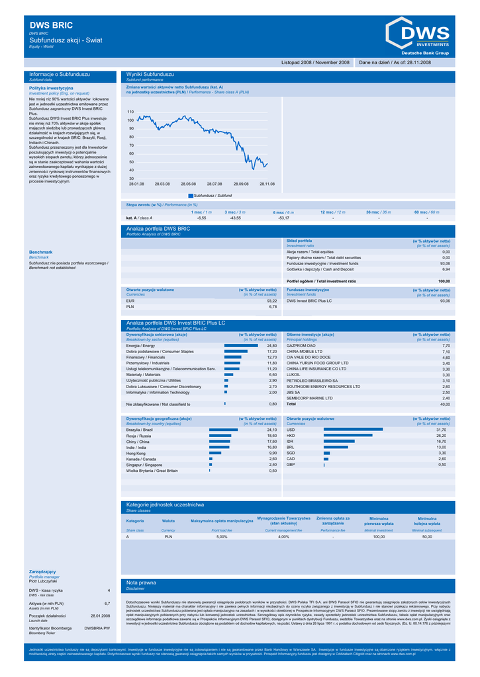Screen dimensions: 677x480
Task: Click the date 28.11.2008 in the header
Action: pyautogui.click(x=417, y=62)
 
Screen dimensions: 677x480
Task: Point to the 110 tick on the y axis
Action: pyautogui.click(x=130, y=112)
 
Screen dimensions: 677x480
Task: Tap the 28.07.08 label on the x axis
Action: pyautogui.click(x=215, y=184)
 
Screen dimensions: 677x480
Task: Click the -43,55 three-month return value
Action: pyautogui.click(x=234, y=218)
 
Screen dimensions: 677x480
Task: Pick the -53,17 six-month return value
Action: pyautogui.click(x=283, y=218)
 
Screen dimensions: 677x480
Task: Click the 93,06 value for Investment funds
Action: pyautogui.click(x=445, y=263)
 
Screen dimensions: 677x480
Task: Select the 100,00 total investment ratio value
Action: pyautogui.click(x=444, y=281)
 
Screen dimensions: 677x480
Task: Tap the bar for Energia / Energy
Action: pyautogui.click(x=241, y=345)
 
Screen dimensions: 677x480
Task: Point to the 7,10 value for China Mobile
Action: pyautogui.click(x=446, y=351)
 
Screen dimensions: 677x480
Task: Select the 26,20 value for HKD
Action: pyautogui.click(x=442, y=436)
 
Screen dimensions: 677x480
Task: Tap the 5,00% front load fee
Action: pyautogui.click(x=222, y=537)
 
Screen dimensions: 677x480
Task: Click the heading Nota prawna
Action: pyautogui.click(x=141, y=582)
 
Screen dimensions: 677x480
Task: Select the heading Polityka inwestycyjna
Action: pyautogui.click(x=52, y=88)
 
